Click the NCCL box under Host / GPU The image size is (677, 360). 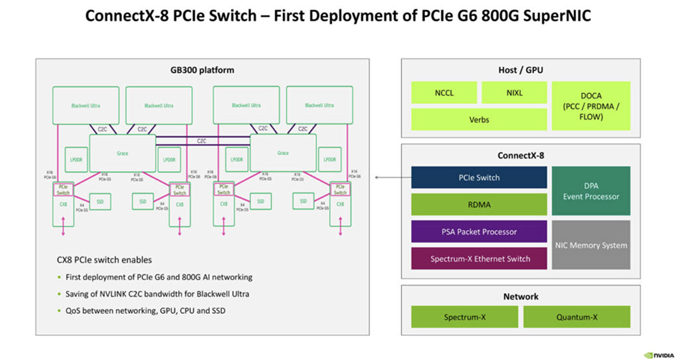click(444, 93)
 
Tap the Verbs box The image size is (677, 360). click(479, 120)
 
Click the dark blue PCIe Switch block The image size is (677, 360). click(479, 177)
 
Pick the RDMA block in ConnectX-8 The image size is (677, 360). click(479, 204)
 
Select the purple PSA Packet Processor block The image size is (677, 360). click(479, 231)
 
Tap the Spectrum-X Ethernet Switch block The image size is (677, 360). click(479, 258)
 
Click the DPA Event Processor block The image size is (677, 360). click(591, 191)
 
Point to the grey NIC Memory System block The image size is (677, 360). click(591, 245)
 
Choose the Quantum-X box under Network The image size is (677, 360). click(576, 317)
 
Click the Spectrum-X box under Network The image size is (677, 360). click(464, 317)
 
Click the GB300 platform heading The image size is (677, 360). click(202, 70)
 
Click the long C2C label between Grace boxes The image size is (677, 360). click(202, 141)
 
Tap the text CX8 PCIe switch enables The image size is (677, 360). click(104, 260)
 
